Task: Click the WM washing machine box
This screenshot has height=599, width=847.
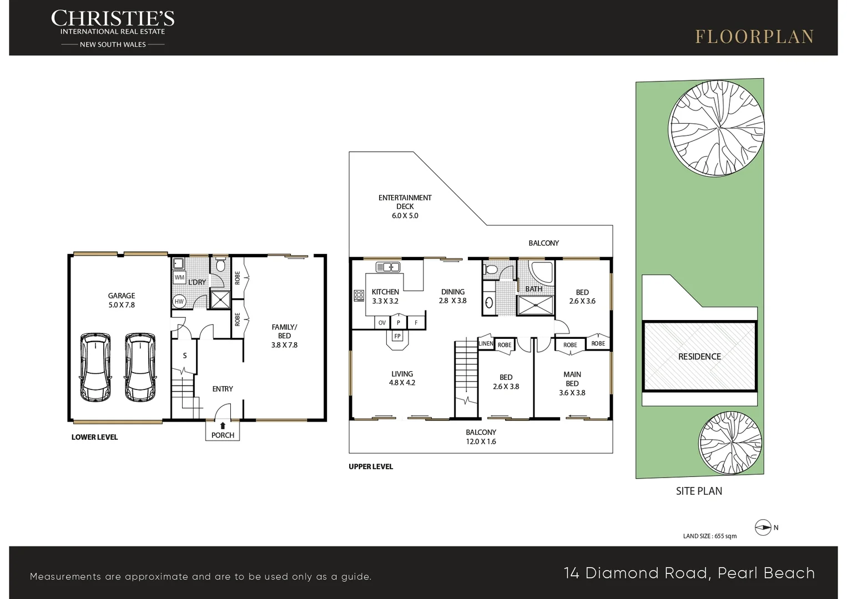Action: click(x=179, y=277)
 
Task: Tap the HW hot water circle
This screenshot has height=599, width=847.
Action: click(x=179, y=301)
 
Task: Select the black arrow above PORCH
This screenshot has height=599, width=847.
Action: click(x=223, y=426)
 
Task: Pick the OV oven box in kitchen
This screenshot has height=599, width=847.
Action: click(x=382, y=323)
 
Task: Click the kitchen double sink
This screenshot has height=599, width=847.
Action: click(x=387, y=267)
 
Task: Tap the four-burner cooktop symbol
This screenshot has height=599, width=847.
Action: click(x=359, y=296)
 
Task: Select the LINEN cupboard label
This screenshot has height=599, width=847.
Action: click(x=486, y=343)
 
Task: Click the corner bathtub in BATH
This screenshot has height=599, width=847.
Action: click(x=542, y=272)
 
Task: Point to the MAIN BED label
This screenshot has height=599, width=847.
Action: click(x=572, y=379)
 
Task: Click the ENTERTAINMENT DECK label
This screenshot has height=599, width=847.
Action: click(x=405, y=202)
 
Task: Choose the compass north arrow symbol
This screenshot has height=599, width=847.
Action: click(x=763, y=527)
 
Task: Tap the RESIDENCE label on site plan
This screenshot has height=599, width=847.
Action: click(x=699, y=357)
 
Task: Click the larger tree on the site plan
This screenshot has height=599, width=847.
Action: click(x=716, y=128)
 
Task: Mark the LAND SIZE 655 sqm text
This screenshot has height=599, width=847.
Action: click(x=710, y=536)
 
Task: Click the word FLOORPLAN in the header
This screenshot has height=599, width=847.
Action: click(x=754, y=37)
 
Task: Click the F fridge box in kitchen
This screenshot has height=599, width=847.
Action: click(x=416, y=323)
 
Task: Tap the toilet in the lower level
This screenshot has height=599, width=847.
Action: click(x=220, y=265)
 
